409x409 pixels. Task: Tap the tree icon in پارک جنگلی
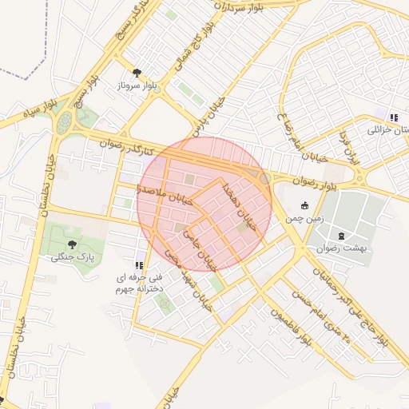pyautogui.click(x=73, y=244)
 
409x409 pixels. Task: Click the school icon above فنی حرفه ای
pyautogui.click(x=139, y=265)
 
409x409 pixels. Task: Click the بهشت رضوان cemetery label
pyautogui.click(x=341, y=248)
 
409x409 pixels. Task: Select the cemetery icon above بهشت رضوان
pyautogui.click(x=342, y=236)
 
